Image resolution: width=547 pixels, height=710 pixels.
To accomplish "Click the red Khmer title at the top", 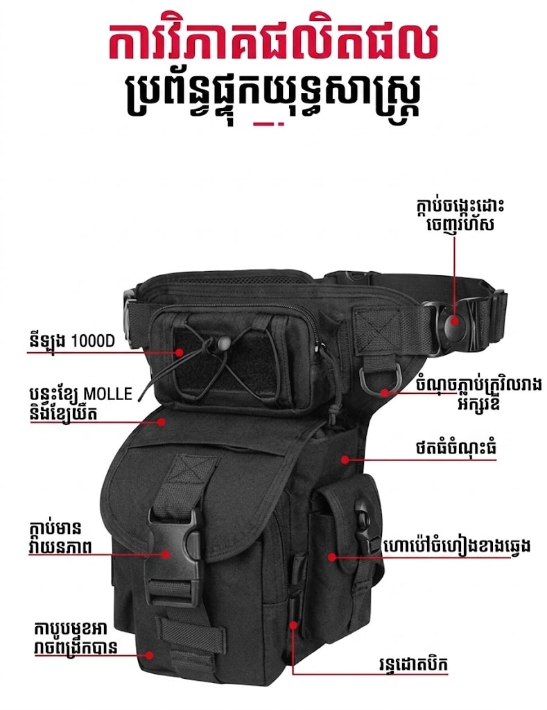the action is point(273,42).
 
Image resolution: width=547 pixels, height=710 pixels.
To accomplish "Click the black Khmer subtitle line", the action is point(273,96).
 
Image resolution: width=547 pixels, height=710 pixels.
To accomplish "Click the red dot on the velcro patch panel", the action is point(180,352).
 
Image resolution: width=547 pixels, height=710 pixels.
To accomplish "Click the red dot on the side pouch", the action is point(332,557).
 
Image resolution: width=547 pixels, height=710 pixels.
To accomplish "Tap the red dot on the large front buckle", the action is point(166,553).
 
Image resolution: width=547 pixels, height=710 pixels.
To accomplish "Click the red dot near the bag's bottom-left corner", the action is point(150,655).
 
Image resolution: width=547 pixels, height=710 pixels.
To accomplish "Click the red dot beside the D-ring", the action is point(385,392).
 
